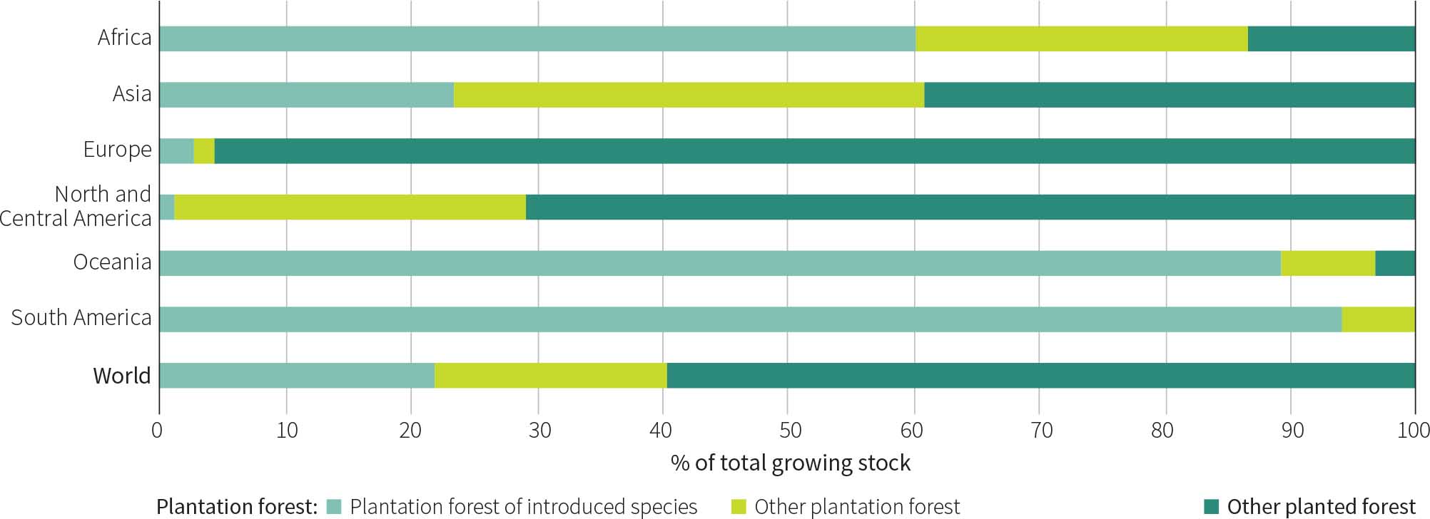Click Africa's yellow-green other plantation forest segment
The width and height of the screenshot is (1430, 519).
pyautogui.click(x=1081, y=38)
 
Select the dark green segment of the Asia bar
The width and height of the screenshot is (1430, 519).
pyautogui.click(x=1169, y=95)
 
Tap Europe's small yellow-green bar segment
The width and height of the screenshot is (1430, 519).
pyautogui.click(x=204, y=151)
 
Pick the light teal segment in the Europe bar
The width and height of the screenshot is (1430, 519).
pyautogui.click(x=176, y=151)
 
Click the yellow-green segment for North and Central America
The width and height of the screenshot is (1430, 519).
pyautogui.click(x=350, y=207)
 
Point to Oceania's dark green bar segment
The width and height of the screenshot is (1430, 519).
pyautogui.click(x=1394, y=263)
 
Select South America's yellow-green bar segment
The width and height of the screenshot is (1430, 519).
pyautogui.click(x=1378, y=319)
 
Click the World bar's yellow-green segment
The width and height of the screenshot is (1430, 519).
pyautogui.click(x=550, y=376)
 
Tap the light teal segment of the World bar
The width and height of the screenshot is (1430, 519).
pyautogui.click(x=297, y=376)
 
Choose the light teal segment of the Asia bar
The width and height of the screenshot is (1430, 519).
pyautogui.click(x=307, y=95)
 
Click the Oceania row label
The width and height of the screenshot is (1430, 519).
pyautogui.click(x=113, y=262)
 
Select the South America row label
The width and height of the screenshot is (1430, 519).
pyautogui.click(x=81, y=318)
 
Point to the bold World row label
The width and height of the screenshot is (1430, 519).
pyautogui.click(x=122, y=376)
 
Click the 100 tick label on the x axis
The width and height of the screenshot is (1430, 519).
pyautogui.click(x=1414, y=430)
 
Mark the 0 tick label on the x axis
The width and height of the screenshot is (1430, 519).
pyautogui.click(x=158, y=430)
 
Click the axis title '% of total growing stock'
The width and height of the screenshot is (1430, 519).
pyautogui.click(x=790, y=463)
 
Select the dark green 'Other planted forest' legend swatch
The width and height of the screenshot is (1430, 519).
pyautogui.click(x=1212, y=507)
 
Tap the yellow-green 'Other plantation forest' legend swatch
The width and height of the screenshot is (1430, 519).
pyautogui.click(x=739, y=507)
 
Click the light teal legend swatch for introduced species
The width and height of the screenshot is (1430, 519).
pyautogui.click(x=334, y=507)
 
